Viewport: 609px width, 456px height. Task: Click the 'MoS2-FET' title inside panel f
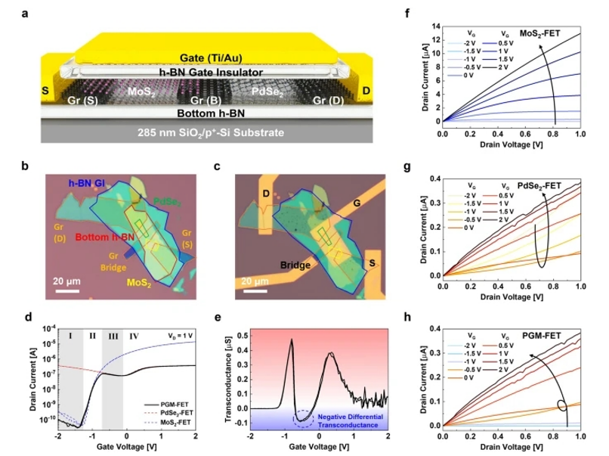point(553,33)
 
